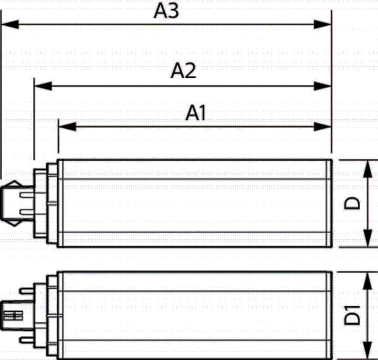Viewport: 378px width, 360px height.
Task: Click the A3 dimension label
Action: point(166,11)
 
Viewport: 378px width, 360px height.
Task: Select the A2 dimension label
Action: point(183,70)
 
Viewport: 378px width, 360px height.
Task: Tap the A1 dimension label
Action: point(195,112)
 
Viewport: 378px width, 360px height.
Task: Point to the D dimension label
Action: point(352,203)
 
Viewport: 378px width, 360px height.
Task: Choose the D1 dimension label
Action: point(352,315)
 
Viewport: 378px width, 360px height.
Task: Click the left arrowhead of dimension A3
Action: point(10,24)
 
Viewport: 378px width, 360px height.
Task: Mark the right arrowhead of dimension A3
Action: point(322,24)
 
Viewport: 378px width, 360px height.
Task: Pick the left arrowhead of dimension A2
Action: point(43,86)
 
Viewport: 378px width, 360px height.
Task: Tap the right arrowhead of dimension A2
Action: point(322,86)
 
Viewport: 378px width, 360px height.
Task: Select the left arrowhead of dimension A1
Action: point(68,127)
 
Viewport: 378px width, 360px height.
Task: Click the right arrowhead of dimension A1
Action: point(322,127)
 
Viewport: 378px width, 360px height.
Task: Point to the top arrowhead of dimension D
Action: point(367,169)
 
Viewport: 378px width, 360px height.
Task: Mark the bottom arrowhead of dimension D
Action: point(367,238)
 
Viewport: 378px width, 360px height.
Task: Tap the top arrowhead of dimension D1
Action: point(367,281)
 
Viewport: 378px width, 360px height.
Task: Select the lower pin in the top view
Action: point(27,212)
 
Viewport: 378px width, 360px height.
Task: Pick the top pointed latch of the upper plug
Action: point(15,183)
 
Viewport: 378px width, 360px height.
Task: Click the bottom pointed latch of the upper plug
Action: point(15,223)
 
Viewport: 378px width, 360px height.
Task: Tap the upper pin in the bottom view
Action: point(27,291)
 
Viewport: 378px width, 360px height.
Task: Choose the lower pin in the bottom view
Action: point(27,340)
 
